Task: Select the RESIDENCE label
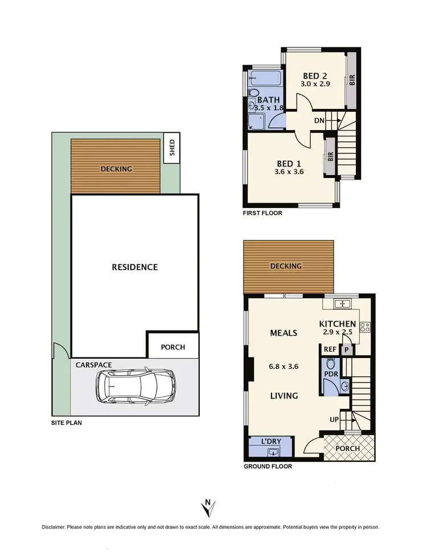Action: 134,267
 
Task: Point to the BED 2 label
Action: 315,76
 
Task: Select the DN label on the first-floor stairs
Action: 319,120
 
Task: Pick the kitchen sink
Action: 343,304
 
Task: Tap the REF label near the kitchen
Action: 330,350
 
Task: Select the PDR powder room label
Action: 330,373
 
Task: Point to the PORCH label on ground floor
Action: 347,448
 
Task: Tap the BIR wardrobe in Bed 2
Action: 352,80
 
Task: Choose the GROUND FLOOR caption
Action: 268,466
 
